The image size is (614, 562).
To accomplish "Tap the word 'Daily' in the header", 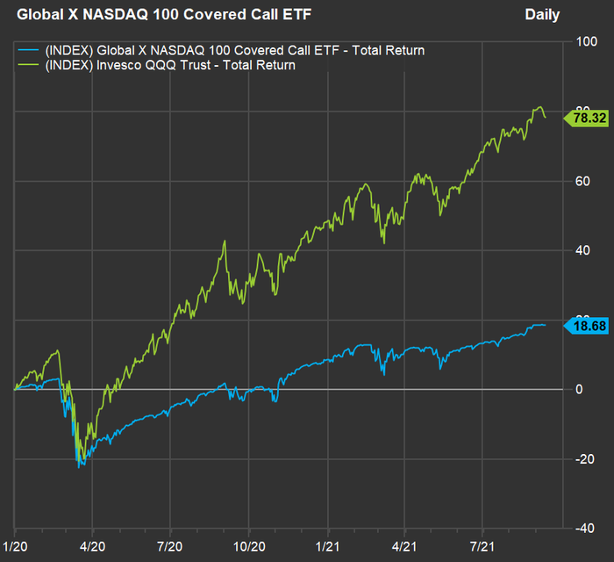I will tap(542, 14).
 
